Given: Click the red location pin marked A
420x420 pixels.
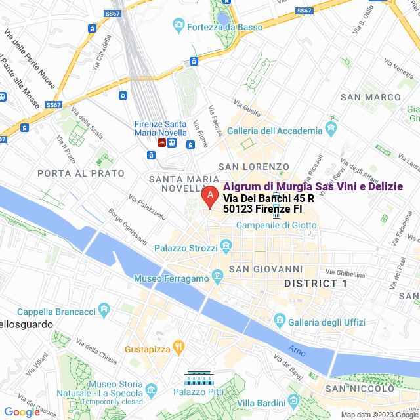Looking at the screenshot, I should click(209, 196).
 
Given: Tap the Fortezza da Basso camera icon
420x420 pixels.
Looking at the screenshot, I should click(178, 26).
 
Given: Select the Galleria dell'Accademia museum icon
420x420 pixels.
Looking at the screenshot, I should click(332, 127).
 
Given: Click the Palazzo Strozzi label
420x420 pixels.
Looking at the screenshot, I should click(186, 248).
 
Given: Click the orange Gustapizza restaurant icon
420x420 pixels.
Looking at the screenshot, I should click(178, 347).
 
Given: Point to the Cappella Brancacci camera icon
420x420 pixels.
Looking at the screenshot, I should click(104, 308).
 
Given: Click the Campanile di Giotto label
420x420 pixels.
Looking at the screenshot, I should click(276, 225).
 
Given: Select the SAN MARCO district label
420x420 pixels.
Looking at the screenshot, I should click(370, 97).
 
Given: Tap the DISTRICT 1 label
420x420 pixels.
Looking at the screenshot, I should click(316, 283).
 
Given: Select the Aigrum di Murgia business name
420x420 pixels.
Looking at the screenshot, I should click(313, 187).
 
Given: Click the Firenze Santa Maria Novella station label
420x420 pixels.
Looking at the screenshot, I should click(160, 129).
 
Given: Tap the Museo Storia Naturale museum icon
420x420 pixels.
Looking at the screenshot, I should click(152, 390).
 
